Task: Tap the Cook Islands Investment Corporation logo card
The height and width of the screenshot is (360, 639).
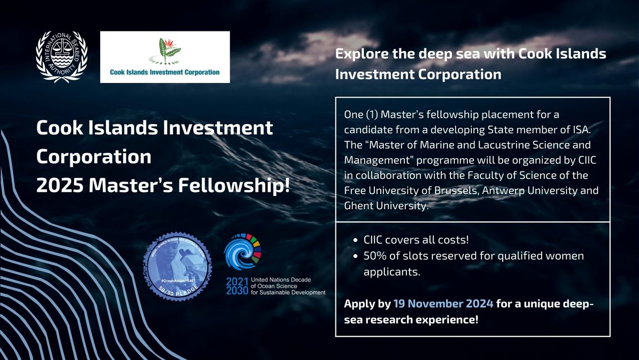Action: [x=165, y=57]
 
